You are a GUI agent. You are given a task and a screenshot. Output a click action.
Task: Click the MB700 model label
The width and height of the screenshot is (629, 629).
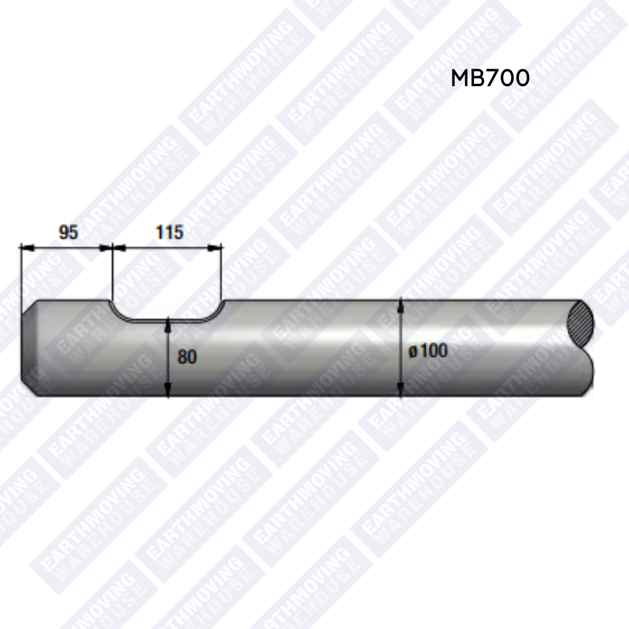[x=490, y=78]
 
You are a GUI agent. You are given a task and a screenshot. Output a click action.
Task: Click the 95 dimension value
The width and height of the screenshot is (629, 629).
[x=68, y=232]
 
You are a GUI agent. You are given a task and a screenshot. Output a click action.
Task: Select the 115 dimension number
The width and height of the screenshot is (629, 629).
[x=169, y=232]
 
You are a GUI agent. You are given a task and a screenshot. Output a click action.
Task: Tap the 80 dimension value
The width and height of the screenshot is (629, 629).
[x=187, y=356]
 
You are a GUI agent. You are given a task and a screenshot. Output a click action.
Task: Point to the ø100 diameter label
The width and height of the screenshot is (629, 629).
[x=427, y=351]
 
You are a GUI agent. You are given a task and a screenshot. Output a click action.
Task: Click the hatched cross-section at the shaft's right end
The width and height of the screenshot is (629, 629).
[x=580, y=322]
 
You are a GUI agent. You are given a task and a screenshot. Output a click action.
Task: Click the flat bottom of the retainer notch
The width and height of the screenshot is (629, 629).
[x=168, y=320]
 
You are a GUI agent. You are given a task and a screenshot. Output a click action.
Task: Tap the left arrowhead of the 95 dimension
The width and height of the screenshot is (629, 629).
[x=26, y=248]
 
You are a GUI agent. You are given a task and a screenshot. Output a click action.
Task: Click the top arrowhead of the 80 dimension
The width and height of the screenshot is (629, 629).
[x=168, y=324]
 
